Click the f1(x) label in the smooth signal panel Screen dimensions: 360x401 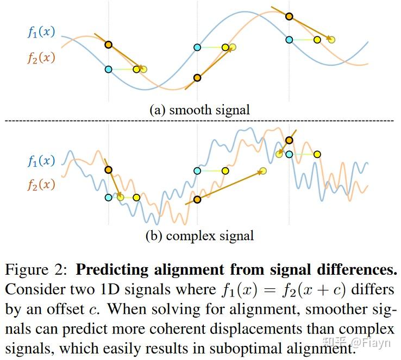[41, 32]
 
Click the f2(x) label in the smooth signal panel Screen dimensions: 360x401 [41, 57]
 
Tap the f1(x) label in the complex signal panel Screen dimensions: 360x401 [41, 161]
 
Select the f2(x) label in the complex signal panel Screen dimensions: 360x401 [41, 185]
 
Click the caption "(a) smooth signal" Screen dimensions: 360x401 [199, 109]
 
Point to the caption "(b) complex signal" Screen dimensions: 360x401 [199, 236]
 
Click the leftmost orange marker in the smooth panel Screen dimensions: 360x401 [109, 45]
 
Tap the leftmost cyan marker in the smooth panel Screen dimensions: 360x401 [109, 69]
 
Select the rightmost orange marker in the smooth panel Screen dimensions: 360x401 [289, 16]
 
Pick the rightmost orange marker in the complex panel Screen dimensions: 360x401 [289, 140]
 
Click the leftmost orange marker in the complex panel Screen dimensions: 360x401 [109, 170]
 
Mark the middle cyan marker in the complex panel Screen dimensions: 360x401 [197, 170]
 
